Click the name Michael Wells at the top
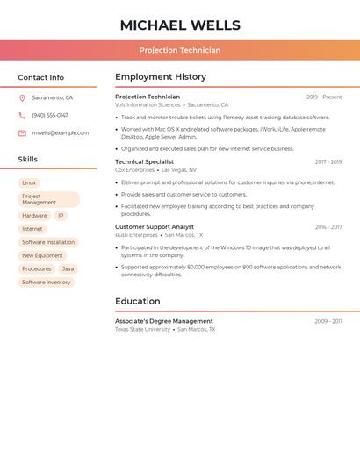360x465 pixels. (x=180, y=25)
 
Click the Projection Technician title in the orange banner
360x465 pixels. (x=180, y=50)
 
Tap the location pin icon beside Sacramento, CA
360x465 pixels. (x=22, y=98)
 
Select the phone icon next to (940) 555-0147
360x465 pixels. (x=22, y=115)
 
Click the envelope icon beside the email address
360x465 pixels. (x=22, y=133)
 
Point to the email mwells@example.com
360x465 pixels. (x=60, y=133)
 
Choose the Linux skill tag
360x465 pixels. (x=29, y=182)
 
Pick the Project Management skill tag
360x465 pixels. (x=48, y=199)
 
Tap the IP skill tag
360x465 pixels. (x=61, y=216)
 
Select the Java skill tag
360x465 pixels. (x=68, y=268)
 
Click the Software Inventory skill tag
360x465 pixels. (x=47, y=283)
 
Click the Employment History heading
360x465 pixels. (x=161, y=77)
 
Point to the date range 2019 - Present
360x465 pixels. (x=324, y=97)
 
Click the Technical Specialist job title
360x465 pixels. (x=144, y=162)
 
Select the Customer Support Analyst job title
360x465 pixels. (x=155, y=227)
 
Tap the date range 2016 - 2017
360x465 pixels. (x=328, y=227)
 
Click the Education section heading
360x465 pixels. (x=137, y=302)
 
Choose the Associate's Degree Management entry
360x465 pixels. (x=163, y=321)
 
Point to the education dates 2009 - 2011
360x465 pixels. (x=328, y=321)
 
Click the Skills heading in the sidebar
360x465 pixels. (x=28, y=160)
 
